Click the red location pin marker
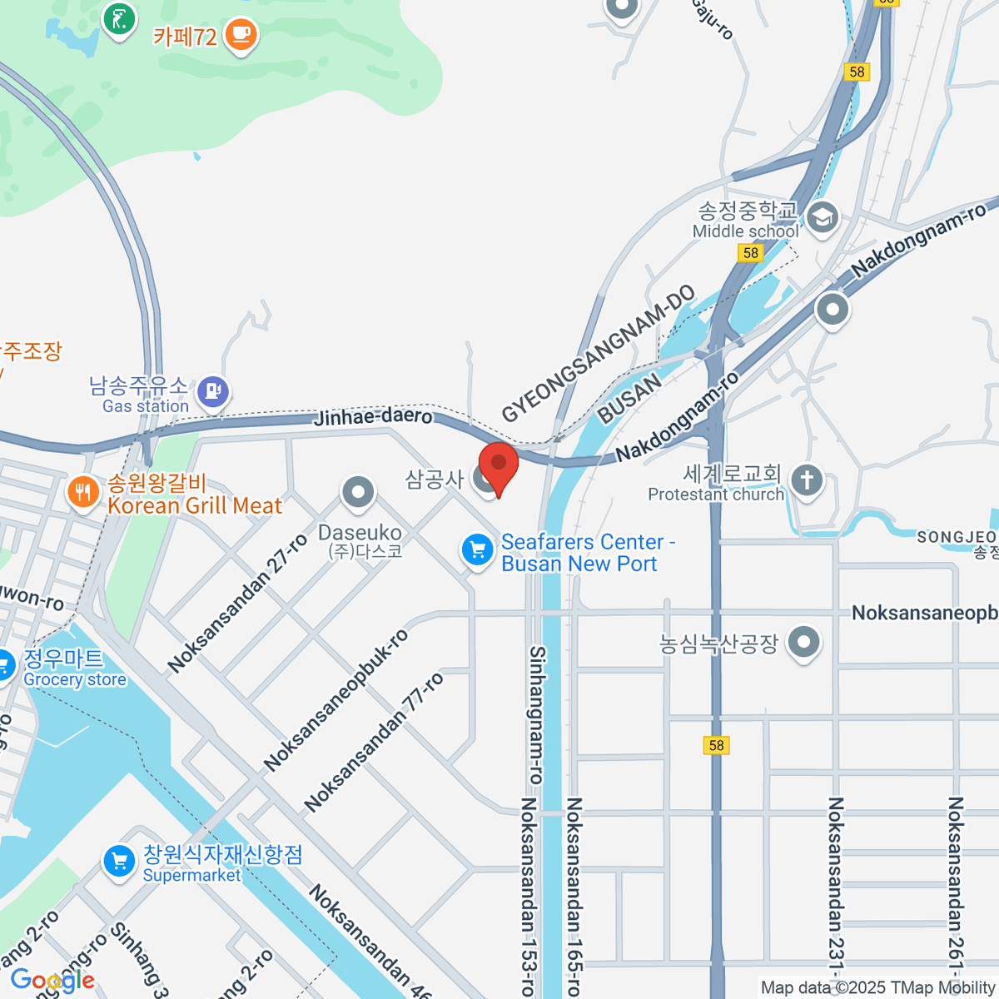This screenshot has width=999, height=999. (x=499, y=467)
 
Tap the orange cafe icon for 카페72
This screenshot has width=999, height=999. (x=241, y=34)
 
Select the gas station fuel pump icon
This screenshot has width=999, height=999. (x=214, y=390)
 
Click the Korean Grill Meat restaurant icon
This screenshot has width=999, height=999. (x=83, y=492)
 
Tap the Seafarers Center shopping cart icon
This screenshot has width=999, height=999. (x=477, y=550)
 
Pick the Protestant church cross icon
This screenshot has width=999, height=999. (x=807, y=480)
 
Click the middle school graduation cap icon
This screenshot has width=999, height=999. (x=823, y=219)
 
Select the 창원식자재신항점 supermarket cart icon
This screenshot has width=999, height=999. (x=119, y=862)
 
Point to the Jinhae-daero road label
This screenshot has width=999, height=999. (x=373, y=416)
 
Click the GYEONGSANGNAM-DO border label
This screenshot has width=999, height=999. (x=598, y=353)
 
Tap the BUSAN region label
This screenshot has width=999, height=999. (x=629, y=398)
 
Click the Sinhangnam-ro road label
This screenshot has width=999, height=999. (x=537, y=714)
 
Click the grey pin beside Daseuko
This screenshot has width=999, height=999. (x=359, y=491)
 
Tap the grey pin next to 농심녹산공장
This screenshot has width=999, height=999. (x=803, y=643)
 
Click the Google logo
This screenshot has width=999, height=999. (x=52, y=981)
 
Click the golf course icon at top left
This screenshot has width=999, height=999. (x=120, y=17)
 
